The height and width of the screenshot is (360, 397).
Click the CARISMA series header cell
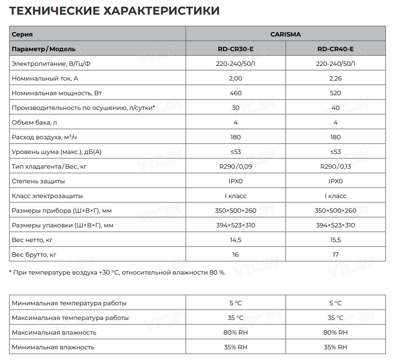[x=285, y=34]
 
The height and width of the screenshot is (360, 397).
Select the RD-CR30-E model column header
[x=236, y=49]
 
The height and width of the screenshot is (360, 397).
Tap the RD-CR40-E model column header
[x=336, y=49]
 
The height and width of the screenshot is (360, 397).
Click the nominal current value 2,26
[x=336, y=78]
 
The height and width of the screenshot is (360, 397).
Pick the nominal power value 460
[x=236, y=93]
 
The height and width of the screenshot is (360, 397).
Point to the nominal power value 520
[x=336, y=93]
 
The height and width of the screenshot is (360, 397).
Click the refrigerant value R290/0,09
[x=236, y=166]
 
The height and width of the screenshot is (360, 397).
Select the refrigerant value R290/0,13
[x=336, y=166]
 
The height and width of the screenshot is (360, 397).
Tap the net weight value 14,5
[x=236, y=240]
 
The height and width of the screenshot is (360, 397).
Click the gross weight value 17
[x=336, y=255]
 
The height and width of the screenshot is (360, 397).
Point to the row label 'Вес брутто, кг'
[x=34, y=255]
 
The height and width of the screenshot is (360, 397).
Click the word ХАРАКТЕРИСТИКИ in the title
[x=161, y=11]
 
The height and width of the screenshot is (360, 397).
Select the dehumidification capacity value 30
[x=236, y=108]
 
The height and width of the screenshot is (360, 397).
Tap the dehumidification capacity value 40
[x=336, y=108]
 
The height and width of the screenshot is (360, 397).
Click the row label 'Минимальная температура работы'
[x=69, y=303]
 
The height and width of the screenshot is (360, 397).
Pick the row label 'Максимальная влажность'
[x=54, y=332]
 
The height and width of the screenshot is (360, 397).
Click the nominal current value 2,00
[x=236, y=78]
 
